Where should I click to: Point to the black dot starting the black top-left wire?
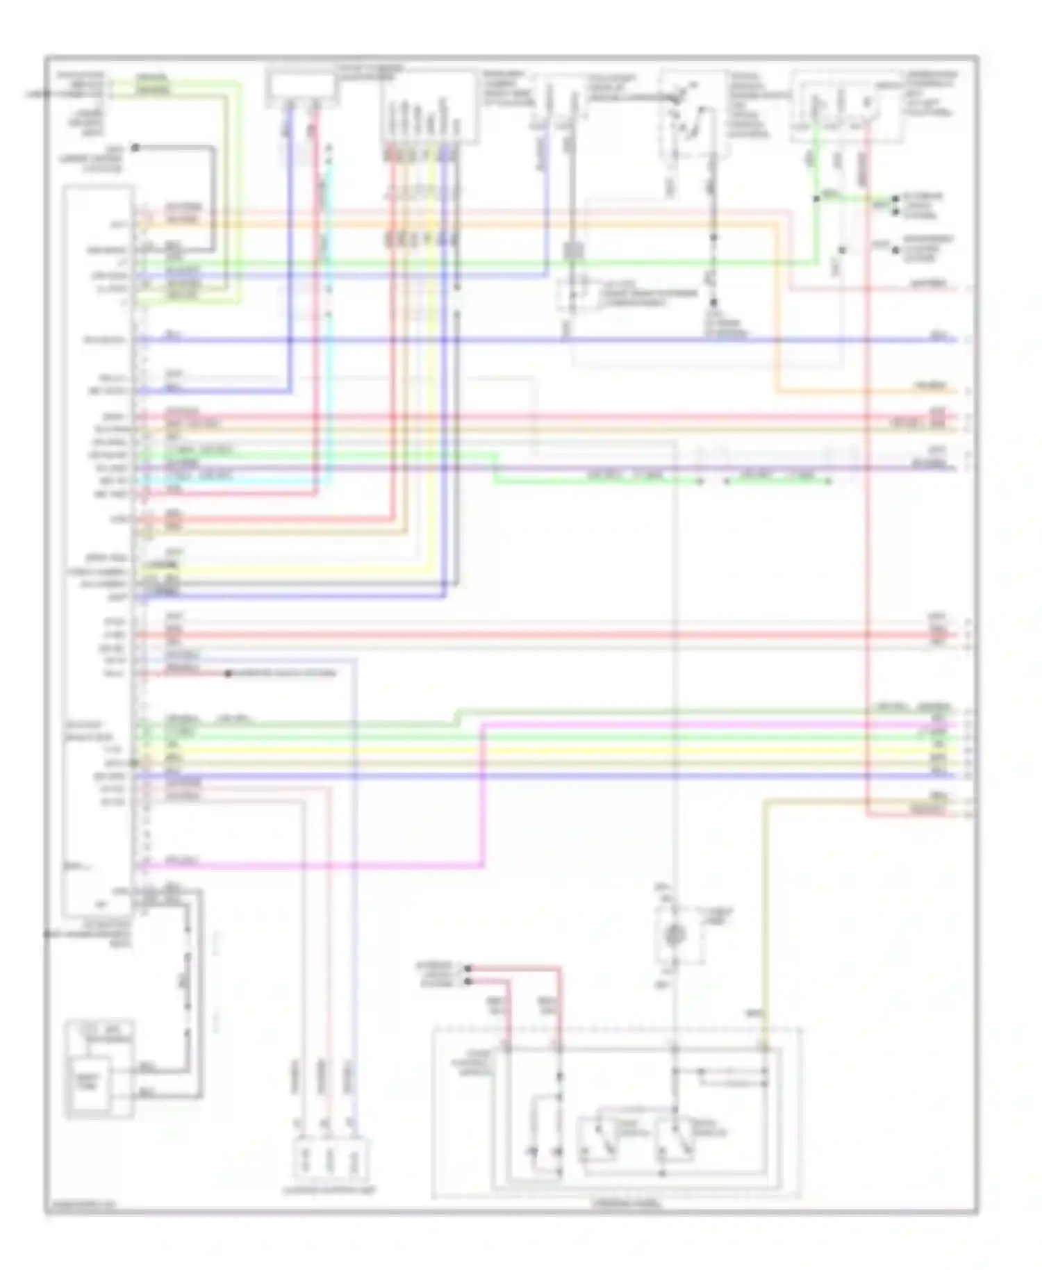coord(136,147)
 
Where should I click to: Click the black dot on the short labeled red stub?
coord(228,673)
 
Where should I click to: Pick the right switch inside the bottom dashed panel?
coord(677,1139)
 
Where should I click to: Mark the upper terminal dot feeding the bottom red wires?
coord(468,968)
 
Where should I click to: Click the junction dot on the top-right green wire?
coord(816,199)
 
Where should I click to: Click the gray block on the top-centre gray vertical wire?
coord(574,250)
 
